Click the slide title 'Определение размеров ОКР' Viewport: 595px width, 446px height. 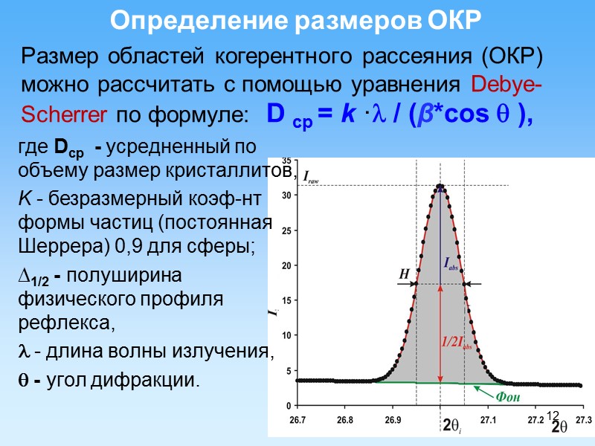(297, 21)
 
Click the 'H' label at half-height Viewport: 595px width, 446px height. (405, 274)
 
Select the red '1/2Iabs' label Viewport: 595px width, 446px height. (455, 343)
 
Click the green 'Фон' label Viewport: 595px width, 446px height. (509, 398)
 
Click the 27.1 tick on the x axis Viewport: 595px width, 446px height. (488, 420)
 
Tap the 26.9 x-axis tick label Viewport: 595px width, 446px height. (392, 420)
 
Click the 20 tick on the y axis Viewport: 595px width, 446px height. (286, 265)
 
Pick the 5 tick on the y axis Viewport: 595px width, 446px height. (289, 371)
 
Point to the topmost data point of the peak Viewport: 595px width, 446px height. (440, 186)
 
